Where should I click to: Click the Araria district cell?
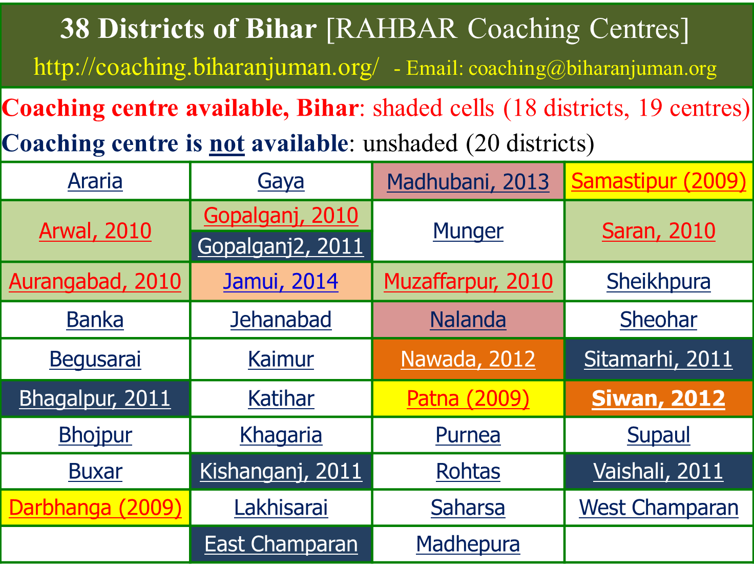point(95,181)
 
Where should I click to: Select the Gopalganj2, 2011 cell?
point(281,246)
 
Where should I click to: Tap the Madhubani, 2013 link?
point(468,182)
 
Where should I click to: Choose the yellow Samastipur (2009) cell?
point(659,181)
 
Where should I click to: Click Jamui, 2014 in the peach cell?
point(281,281)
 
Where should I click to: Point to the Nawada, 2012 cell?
point(468,359)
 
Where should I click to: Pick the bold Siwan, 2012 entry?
point(658,398)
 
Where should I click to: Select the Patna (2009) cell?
point(468,398)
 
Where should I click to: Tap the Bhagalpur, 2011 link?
point(95,398)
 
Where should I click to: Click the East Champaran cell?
point(281,544)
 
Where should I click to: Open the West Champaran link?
point(659,508)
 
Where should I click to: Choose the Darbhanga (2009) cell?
point(95,508)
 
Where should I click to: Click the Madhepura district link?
point(468,544)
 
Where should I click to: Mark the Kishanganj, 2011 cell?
point(281,472)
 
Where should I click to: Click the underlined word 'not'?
point(227,143)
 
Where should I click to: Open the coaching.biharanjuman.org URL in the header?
point(206,67)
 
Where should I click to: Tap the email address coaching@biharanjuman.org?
point(593,68)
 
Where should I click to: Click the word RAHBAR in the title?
point(396,29)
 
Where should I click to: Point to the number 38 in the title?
point(75,29)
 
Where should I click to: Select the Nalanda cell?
point(468,320)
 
